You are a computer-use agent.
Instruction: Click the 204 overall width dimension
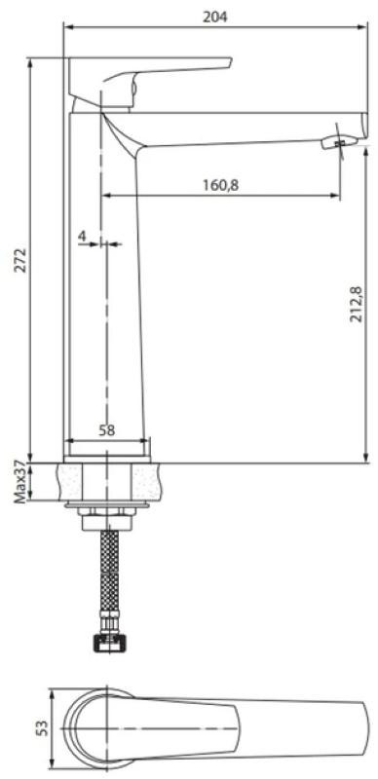215,17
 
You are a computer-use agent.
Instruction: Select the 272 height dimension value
19,259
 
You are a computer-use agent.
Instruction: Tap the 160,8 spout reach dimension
220,185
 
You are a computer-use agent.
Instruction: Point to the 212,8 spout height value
357,305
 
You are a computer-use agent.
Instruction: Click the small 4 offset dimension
82,236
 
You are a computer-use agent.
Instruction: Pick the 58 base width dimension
106,430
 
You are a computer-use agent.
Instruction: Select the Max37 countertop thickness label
19,482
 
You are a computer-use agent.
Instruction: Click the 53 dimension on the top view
43,727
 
